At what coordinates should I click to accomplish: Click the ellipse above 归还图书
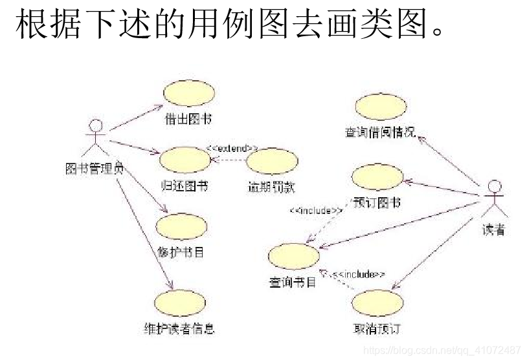tap(185, 160)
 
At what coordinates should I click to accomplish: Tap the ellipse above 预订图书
tap(377, 177)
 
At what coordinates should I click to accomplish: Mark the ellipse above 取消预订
tap(377, 303)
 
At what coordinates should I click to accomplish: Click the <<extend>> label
tap(233, 148)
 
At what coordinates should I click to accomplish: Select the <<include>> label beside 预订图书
tap(315, 210)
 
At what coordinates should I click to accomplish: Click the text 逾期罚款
tap(272, 187)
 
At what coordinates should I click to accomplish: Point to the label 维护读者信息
tap(179, 328)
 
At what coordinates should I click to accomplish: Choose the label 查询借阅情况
tap(380, 133)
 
